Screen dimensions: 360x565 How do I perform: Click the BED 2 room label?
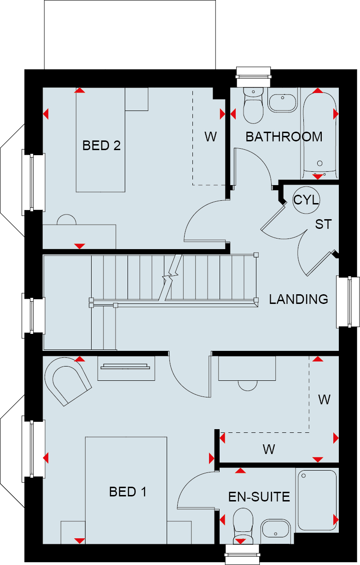coord(102,146)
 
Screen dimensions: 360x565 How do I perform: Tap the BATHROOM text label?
coord(284,137)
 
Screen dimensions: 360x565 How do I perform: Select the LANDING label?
coord(299,299)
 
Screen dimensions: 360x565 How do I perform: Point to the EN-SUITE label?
coord(259,497)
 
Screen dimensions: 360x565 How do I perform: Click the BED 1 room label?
coord(128,492)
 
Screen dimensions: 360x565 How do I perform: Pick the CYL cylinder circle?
coord(306,200)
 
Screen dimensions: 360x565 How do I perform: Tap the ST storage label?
coord(324,224)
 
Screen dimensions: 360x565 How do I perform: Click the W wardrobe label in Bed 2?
coord(210,137)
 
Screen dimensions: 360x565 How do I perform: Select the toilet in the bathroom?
coord(253,105)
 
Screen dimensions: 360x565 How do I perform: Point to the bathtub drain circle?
coord(320,163)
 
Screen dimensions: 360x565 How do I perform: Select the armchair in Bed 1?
coord(68,381)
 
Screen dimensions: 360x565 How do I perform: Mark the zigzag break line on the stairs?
coord(171,278)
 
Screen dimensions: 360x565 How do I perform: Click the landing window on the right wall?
coord(348,302)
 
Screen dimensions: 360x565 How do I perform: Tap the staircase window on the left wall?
coord(34,315)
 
